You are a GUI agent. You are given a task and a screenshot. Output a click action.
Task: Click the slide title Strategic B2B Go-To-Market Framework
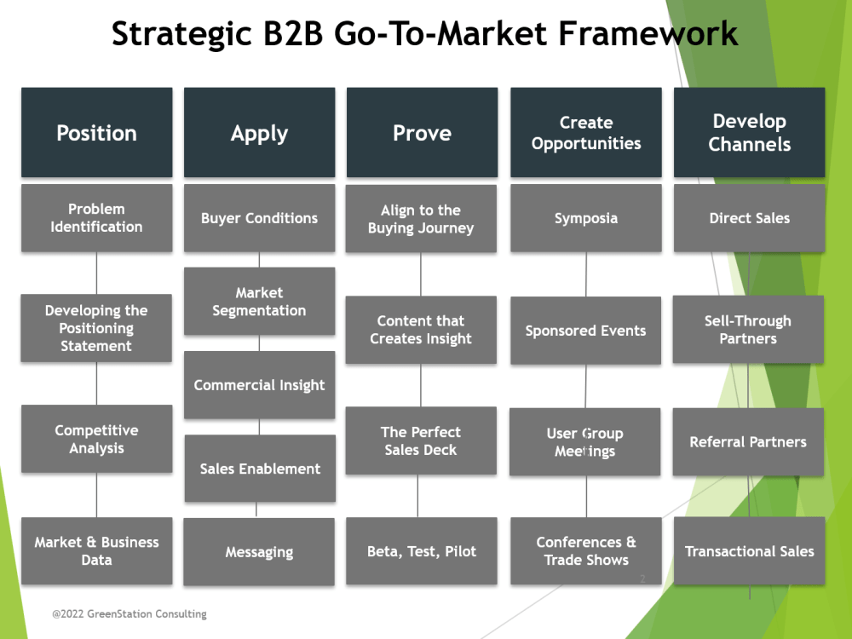click(x=424, y=34)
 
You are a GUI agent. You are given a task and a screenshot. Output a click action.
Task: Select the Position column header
click(x=96, y=133)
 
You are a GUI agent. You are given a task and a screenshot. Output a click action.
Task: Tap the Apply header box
click(x=259, y=133)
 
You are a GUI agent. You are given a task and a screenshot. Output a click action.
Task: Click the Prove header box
click(x=422, y=133)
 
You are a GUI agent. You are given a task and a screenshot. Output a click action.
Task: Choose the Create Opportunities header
click(x=586, y=133)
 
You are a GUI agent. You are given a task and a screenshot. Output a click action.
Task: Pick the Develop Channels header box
click(x=749, y=133)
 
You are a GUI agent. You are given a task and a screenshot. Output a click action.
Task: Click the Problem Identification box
click(x=96, y=218)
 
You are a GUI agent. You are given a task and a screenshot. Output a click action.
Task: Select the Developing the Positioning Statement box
click(x=96, y=328)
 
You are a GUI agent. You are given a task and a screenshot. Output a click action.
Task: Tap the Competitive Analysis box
click(x=96, y=439)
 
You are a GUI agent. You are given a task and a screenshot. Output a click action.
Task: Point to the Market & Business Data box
click(x=96, y=551)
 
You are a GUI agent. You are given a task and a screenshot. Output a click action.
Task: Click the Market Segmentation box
click(x=259, y=302)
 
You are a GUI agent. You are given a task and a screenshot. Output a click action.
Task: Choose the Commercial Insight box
click(x=259, y=385)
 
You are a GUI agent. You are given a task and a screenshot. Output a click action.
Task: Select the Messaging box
click(x=259, y=552)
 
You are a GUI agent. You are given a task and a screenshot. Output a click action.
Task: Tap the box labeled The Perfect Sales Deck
click(x=421, y=440)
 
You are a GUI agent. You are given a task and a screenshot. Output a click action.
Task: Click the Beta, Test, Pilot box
click(x=422, y=551)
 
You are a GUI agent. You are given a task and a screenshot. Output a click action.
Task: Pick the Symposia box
click(x=586, y=218)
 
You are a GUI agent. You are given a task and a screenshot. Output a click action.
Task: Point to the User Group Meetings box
click(x=584, y=442)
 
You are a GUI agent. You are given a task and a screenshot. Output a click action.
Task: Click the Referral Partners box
click(x=748, y=442)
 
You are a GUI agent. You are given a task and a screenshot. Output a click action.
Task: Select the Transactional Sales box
click(x=749, y=551)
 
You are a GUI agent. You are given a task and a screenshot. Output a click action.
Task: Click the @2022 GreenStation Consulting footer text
click(x=129, y=613)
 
